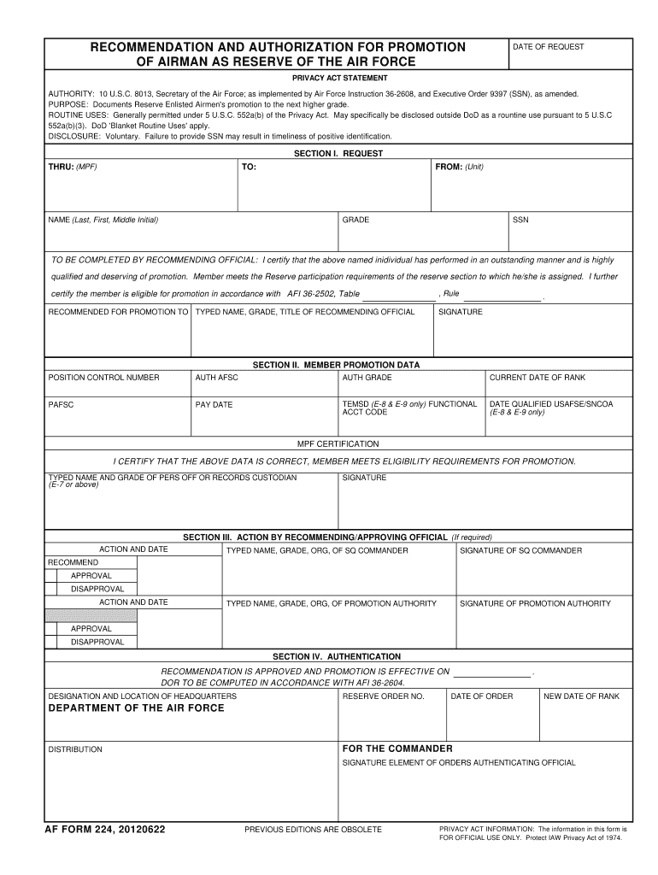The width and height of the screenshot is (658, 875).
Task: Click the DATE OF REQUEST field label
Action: tap(548, 47)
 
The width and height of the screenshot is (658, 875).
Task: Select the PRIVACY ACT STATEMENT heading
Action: tap(338, 78)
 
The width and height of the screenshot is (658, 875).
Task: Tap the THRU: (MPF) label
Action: tap(73, 167)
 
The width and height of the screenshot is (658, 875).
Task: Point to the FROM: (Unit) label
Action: tap(459, 167)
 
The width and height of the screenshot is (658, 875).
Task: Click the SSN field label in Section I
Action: tap(520, 220)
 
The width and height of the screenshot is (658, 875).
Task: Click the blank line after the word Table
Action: tap(398, 296)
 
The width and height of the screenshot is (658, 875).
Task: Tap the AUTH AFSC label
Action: tap(216, 377)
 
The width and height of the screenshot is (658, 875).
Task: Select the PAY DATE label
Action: tap(214, 404)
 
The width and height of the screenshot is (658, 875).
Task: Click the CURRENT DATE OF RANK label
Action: tap(537, 377)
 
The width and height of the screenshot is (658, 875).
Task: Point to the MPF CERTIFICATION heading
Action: tap(338, 444)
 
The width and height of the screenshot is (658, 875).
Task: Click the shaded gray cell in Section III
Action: tap(91, 615)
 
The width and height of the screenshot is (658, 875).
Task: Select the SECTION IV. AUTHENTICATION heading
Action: tap(337, 656)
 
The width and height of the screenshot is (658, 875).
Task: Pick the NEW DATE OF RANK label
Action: tap(581, 696)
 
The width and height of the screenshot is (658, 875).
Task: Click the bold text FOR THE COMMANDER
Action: tap(397, 748)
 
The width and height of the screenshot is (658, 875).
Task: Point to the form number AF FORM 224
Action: tap(107, 829)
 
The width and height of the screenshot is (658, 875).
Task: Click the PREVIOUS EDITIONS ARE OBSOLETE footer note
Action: tap(313, 830)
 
